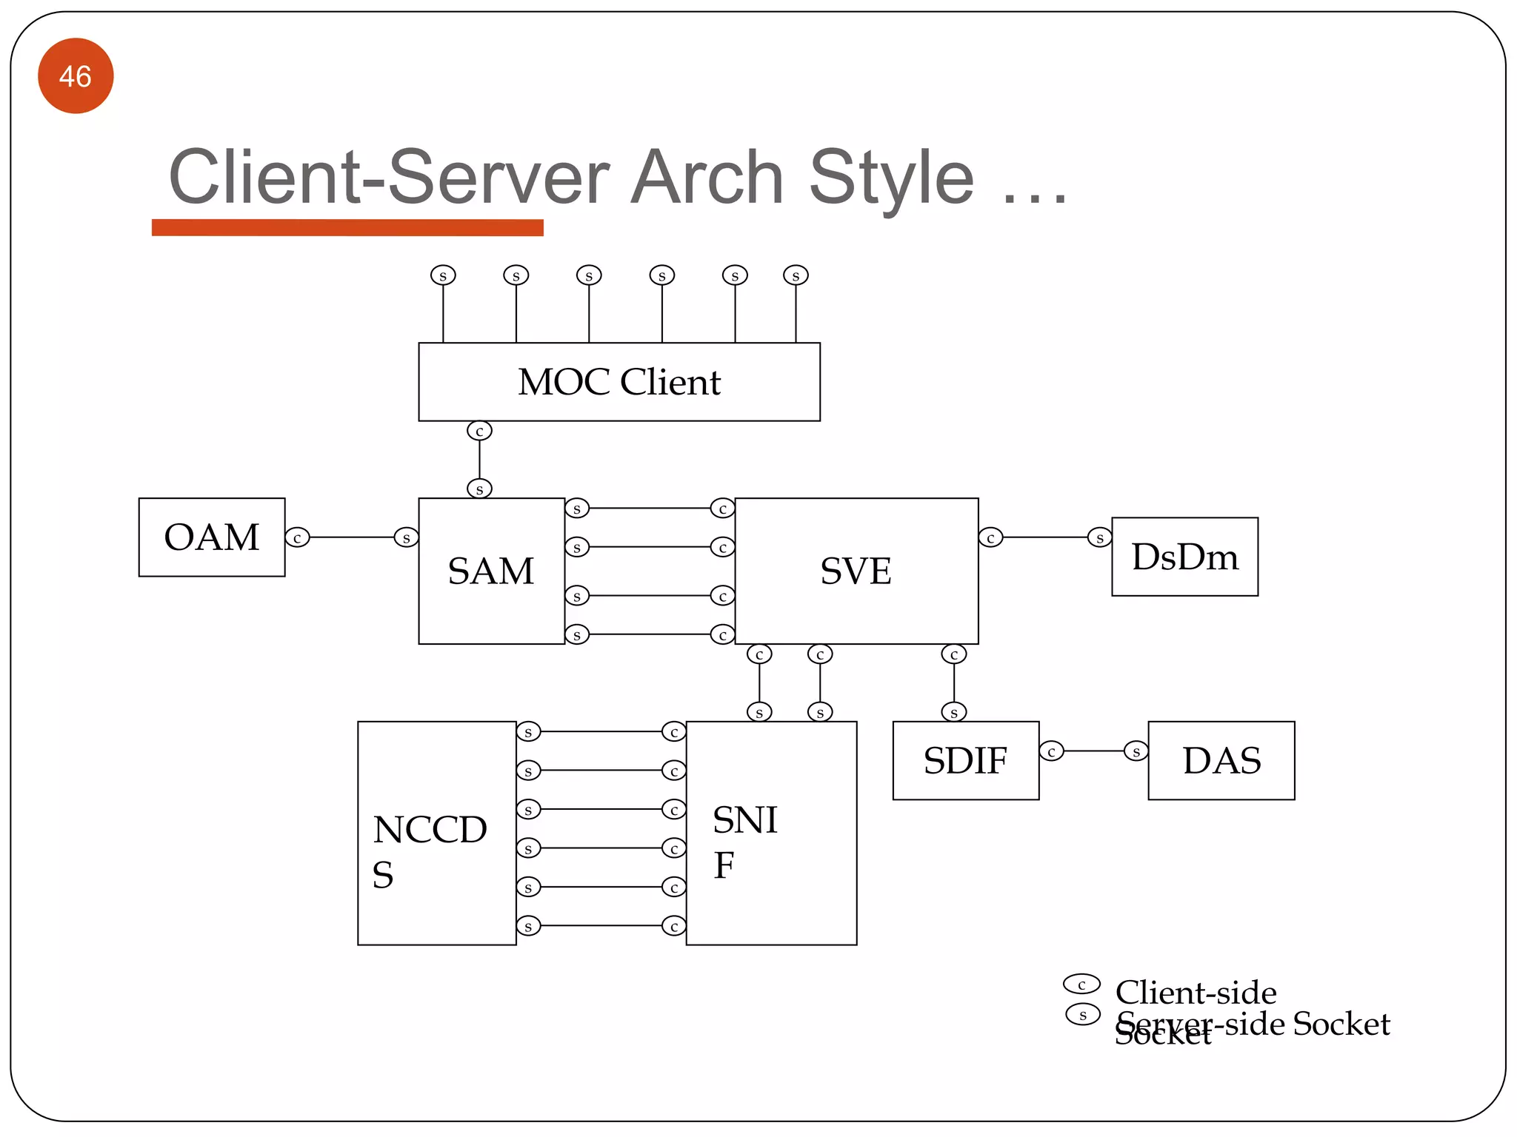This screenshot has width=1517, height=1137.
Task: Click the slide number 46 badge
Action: coord(76,76)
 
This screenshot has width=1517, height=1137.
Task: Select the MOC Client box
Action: coord(619,382)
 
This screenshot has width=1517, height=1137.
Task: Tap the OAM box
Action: coord(212,537)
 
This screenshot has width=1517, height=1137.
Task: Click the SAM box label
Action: coord(490,571)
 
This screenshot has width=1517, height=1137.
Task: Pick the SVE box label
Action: coord(856,571)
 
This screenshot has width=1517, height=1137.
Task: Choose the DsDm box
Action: coord(1184,557)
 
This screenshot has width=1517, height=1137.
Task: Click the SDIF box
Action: coord(965,761)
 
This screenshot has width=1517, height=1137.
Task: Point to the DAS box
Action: coord(1221,761)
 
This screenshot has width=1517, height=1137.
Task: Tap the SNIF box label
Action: coord(744,841)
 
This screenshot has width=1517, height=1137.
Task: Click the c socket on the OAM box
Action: coord(297,538)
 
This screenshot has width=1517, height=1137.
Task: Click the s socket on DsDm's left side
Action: coord(1099,538)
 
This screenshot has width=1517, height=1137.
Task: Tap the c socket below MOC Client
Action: coord(479,431)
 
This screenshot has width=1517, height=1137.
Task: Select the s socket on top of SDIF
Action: coord(953,713)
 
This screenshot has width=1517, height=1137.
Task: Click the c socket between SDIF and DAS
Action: coord(1051,752)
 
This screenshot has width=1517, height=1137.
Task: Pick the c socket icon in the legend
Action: coord(1081,985)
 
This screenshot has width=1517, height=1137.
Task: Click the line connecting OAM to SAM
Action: coord(352,537)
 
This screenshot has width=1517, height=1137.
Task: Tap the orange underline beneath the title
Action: coord(347,228)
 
